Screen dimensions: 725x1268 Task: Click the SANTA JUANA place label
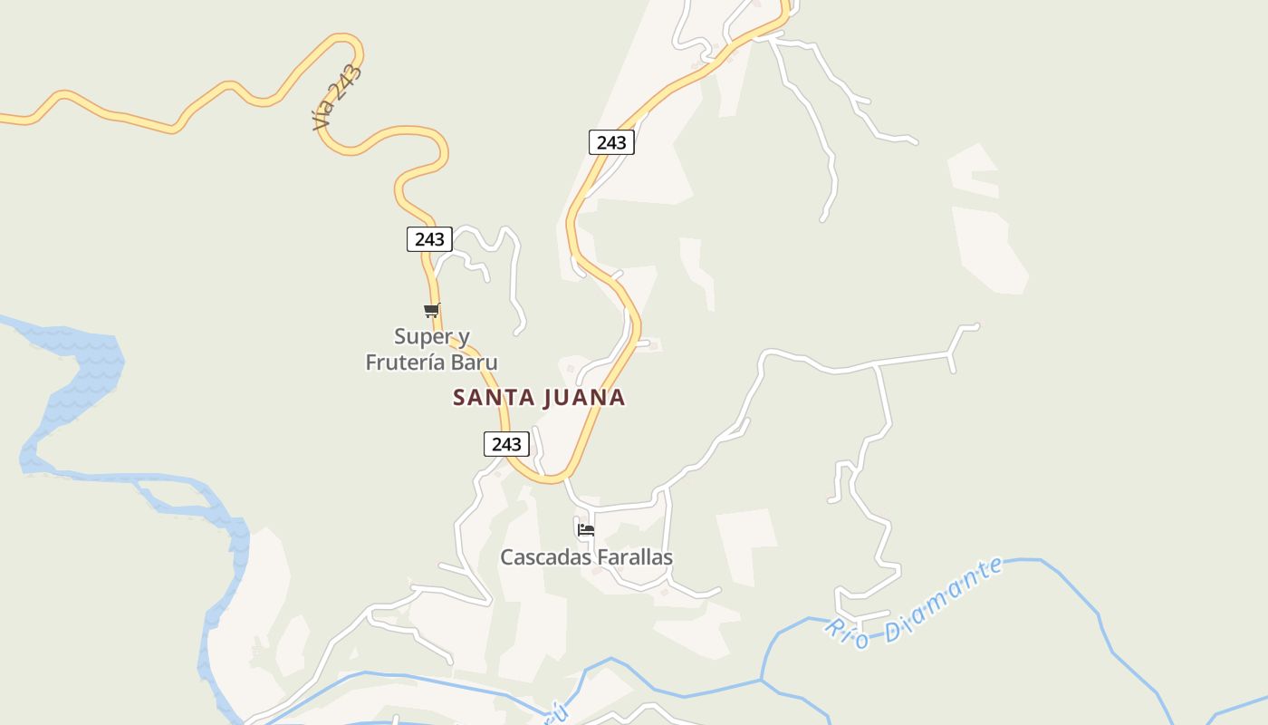point(539,397)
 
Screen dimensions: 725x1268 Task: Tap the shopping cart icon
point(432,311)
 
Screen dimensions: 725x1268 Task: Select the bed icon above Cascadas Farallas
point(586,530)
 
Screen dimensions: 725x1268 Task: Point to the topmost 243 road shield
point(611,142)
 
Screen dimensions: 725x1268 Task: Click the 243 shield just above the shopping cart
point(429,239)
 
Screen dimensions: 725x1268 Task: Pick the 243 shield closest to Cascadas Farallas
point(506,444)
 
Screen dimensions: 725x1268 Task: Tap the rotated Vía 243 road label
point(338,97)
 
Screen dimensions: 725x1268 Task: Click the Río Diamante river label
point(915,602)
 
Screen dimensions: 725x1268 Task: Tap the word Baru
point(477,362)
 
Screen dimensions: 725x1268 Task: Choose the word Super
point(422,337)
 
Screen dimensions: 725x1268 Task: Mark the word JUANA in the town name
point(587,397)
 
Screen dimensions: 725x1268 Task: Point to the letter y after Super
point(464,339)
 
